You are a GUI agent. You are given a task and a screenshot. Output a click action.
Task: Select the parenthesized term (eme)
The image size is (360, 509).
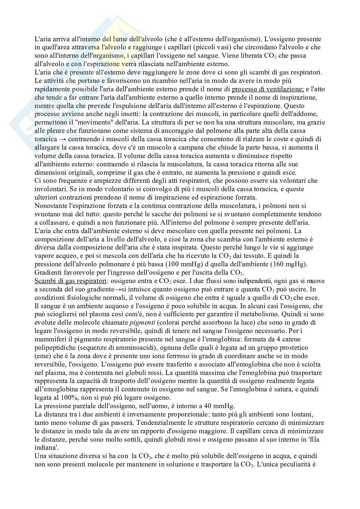(42, 356)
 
